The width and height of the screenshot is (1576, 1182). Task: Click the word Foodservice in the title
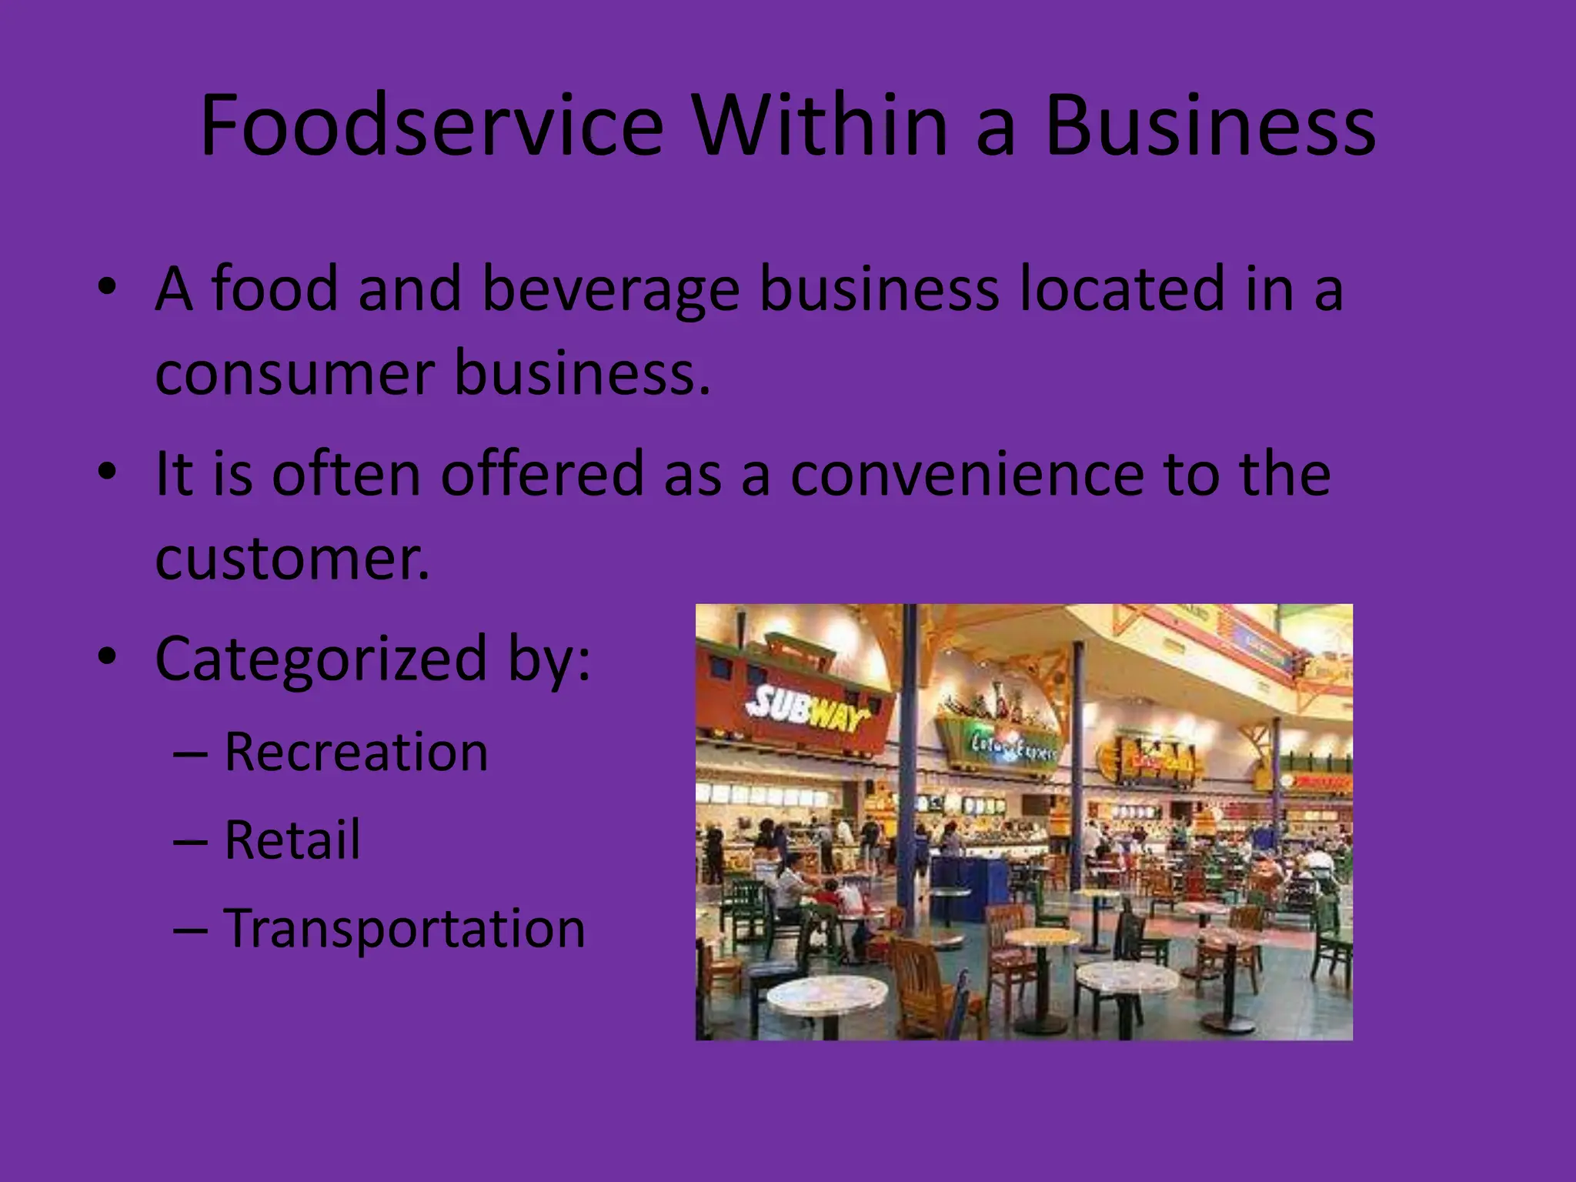431,125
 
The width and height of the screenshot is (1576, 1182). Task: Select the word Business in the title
1210,125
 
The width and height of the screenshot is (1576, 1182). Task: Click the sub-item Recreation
356,751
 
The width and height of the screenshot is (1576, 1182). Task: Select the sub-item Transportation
405,928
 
